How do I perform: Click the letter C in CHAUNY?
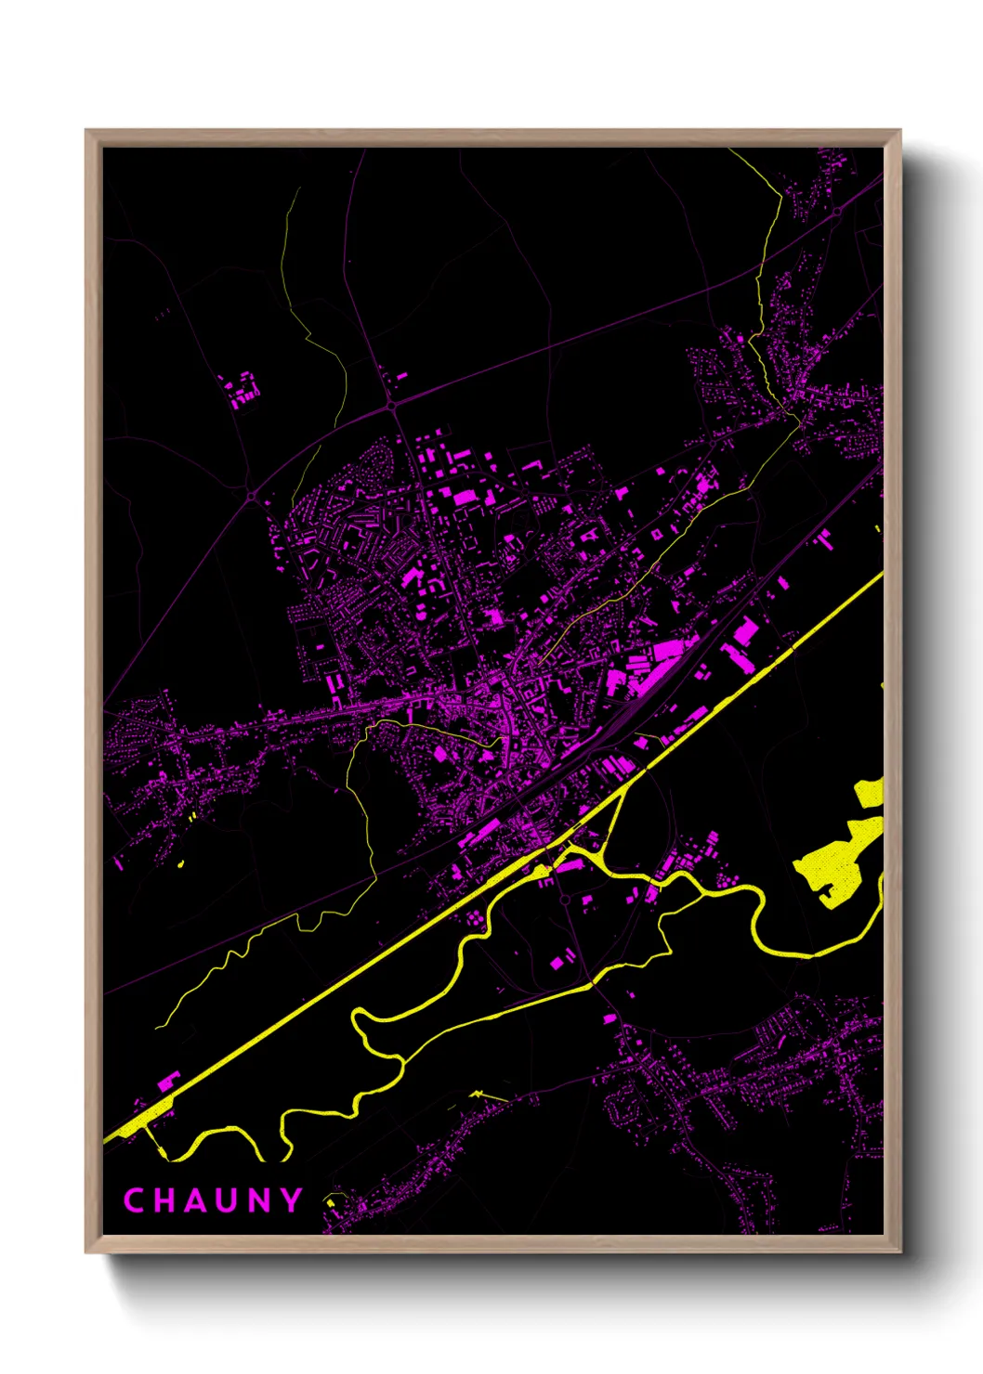[x=134, y=1200]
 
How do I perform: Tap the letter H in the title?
[x=166, y=1200]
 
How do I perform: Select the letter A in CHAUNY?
[x=197, y=1200]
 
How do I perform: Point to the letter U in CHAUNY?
[x=229, y=1200]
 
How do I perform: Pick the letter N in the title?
[x=262, y=1200]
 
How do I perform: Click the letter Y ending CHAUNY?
[x=292, y=1200]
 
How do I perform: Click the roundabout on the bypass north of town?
[x=392, y=406]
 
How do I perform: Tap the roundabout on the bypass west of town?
[x=252, y=497]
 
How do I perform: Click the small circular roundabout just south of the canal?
[x=564, y=900]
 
